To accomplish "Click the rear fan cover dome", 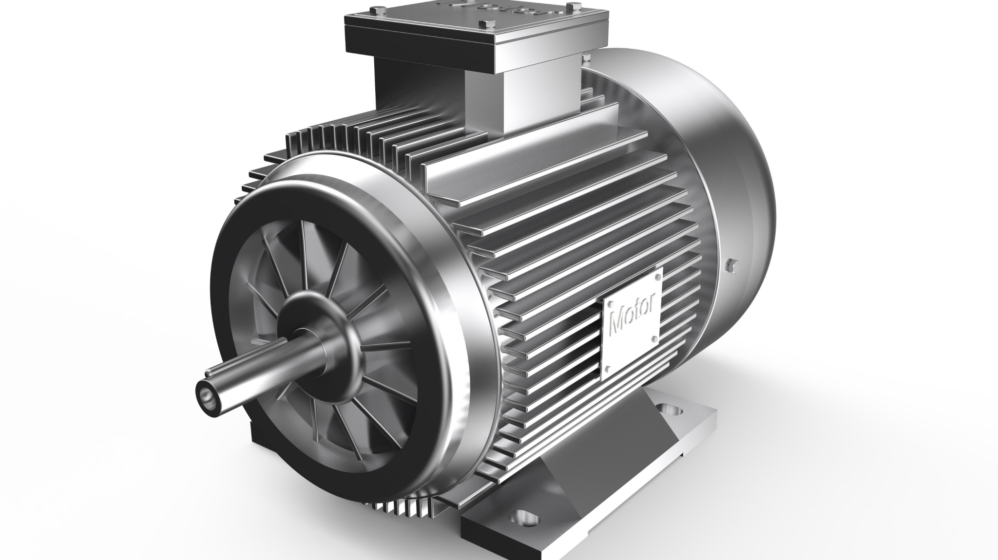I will [x=721, y=161].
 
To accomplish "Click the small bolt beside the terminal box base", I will [x=583, y=59].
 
